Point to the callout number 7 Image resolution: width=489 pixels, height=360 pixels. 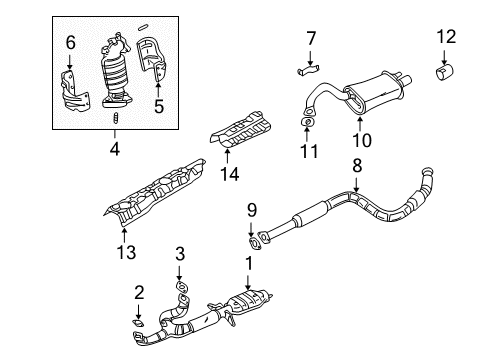click(311, 39)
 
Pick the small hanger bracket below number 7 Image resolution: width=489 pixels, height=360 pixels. click(309, 68)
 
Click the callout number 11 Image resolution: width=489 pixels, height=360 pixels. click(306, 152)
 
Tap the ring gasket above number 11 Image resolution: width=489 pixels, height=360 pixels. click(307, 123)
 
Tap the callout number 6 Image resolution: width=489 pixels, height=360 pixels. click(70, 42)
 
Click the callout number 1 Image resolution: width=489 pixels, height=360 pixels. click(248, 263)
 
